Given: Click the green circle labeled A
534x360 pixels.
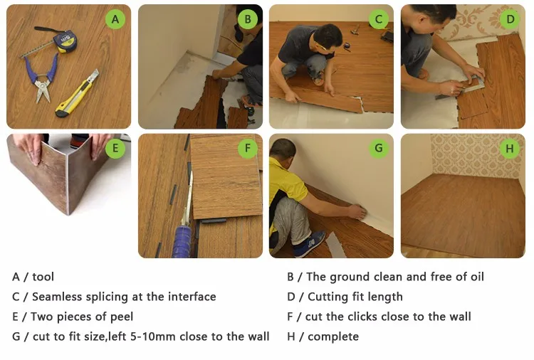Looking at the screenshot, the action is click(115, 19).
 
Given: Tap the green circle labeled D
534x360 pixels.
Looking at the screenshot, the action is click(510, 19).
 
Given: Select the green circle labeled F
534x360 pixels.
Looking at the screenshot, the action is click(247, 148).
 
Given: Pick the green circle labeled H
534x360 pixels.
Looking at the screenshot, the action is click(510, 148).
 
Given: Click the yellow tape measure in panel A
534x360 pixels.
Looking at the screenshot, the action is click(65, 42).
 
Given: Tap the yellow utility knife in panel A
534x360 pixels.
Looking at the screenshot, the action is click(77, 94).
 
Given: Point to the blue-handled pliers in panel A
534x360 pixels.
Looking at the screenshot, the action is click(41, 78).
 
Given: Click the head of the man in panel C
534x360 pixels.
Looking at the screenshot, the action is click(327, 38).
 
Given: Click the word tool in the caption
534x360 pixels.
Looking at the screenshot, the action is click(43, 277).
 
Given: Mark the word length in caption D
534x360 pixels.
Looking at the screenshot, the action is click(386, 297).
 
